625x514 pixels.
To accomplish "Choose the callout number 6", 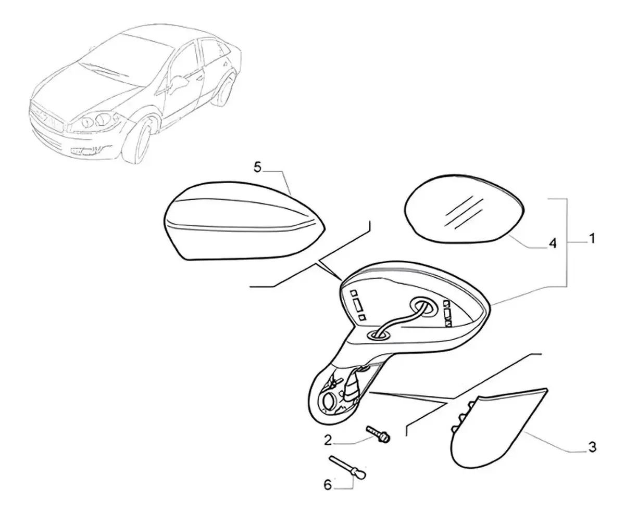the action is click(x=327, y=493).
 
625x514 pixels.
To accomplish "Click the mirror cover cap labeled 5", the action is click(x=244, y=221).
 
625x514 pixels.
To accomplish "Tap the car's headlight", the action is click(x=95, y=121).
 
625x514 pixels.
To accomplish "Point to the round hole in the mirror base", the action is click(x=329, y=402).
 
